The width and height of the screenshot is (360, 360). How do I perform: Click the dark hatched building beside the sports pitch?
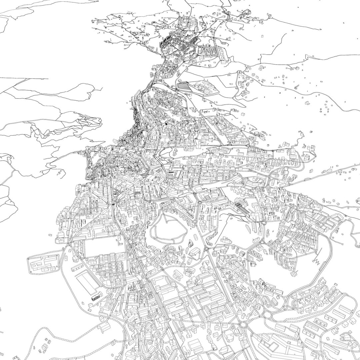[97, 296]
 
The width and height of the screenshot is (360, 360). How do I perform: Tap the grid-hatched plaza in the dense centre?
[117, 192]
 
